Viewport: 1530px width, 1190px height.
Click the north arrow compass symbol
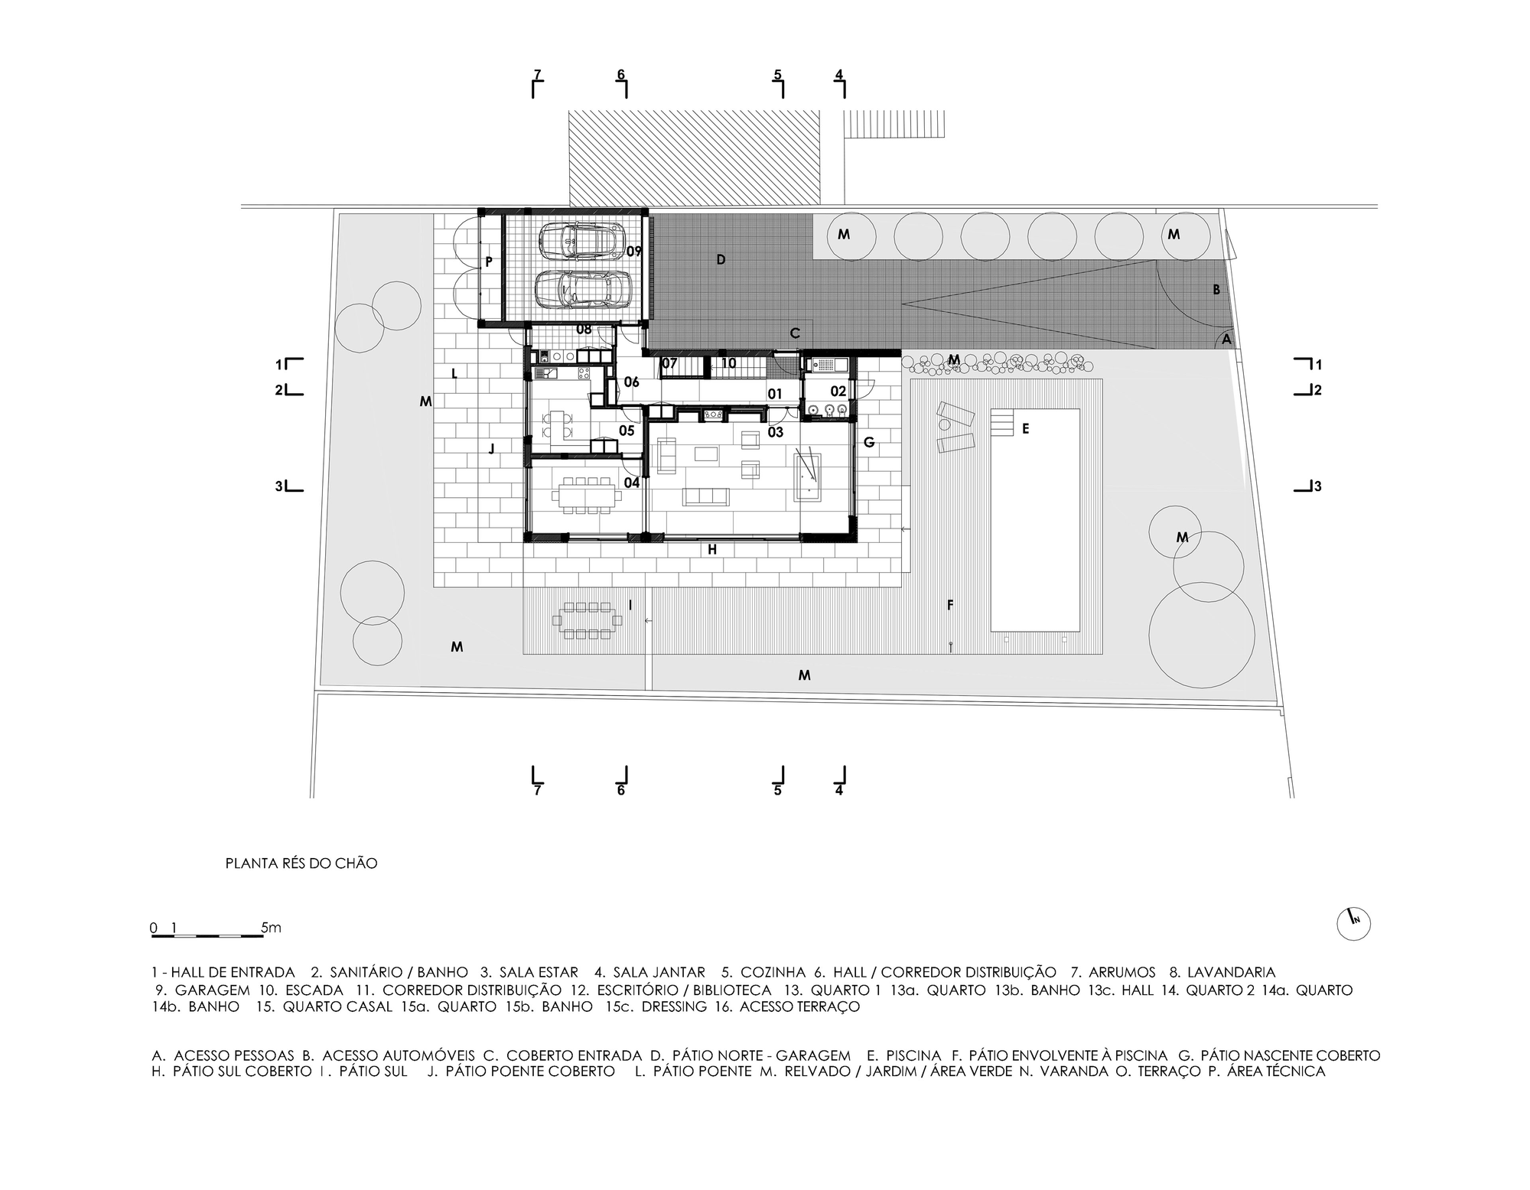point(1353,924)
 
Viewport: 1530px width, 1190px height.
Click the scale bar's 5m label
point(272,928)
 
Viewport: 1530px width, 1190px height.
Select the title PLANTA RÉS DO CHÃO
point(301,863)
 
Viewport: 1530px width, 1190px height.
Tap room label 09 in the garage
point(633,251)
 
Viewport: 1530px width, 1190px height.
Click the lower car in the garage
point(578,290)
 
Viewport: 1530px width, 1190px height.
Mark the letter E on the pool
point(1026,429)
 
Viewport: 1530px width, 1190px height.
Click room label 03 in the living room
point(775,432)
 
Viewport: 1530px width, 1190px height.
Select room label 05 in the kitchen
point(627,431)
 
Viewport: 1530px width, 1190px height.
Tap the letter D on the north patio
point(721,260)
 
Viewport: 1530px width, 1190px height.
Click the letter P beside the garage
point(489,262)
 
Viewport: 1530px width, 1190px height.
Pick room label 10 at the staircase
point(728,363)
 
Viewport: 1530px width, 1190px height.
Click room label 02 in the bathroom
point(838,392)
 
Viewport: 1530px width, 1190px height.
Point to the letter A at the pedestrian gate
point(1226,339)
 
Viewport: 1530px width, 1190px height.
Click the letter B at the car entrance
point(1216,290)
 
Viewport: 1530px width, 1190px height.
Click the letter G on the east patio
point(869,442)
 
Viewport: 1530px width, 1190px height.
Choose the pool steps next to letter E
point(1002,422)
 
